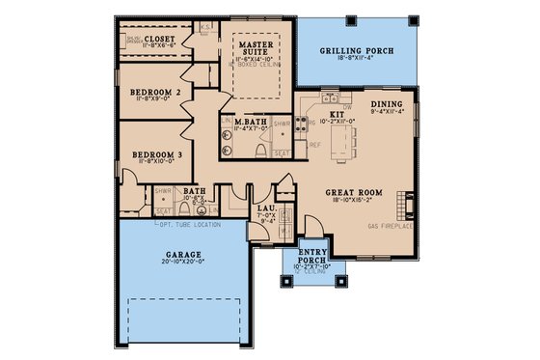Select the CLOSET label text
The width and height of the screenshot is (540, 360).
(x=161, y=40)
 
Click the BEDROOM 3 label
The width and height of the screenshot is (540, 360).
(x=158, y=153)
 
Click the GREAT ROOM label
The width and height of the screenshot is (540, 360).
(x=354, y=192)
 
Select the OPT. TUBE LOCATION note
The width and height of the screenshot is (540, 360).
(x=189, y=225)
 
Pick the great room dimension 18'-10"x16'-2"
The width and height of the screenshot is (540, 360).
(x=354, y=201)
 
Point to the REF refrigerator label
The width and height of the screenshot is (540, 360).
(x=314, y=145)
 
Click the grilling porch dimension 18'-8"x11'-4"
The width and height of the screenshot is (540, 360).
(x=357, y=58)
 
